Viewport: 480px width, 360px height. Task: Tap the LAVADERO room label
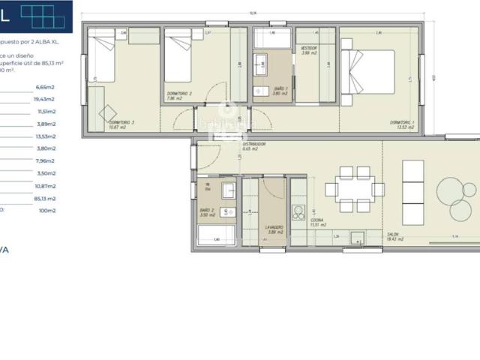[273, 227]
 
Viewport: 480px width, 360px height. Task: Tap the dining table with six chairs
[346, 190]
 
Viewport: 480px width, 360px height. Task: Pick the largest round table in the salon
[453, 190]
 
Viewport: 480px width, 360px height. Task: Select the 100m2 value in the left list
[46, 211]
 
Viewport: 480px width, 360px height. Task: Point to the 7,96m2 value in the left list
[46, 160]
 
